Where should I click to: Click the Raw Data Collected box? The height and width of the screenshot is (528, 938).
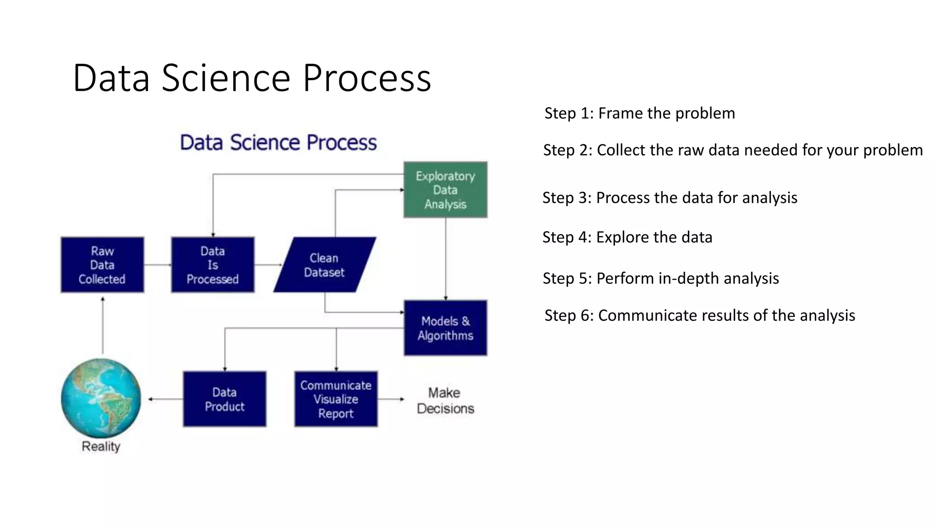pos(102,265)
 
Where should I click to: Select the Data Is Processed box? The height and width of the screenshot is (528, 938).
pos(213,265)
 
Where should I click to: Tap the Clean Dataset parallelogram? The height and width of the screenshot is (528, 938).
pos(324,265)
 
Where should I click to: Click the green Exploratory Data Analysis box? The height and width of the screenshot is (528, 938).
pos(445,190)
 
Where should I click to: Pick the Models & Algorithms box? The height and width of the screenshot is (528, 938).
pos(445,328)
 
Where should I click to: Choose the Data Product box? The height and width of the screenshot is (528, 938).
pos(224,399)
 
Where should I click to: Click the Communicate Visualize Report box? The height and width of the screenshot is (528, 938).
pos(336,399)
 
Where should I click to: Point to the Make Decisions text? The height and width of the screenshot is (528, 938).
pos(445,401)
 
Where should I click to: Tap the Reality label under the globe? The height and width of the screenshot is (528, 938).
pos(101,446)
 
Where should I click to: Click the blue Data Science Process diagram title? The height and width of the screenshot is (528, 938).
pos(278,143)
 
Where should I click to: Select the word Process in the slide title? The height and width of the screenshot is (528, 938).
pos(367,78)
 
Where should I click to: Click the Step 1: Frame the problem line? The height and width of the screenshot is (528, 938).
pos(639,113)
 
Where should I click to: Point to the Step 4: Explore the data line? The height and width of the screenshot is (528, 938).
pos(627,237)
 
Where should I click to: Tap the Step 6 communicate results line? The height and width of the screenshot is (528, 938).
pos(699,315)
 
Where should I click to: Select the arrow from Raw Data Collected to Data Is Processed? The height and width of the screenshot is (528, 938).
pos(158,265)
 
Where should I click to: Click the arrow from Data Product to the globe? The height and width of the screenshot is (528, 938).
pos(165,399)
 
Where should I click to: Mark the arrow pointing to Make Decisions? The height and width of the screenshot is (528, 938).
pos(391,399)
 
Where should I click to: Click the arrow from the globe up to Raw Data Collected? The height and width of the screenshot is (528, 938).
pos(103,325)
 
